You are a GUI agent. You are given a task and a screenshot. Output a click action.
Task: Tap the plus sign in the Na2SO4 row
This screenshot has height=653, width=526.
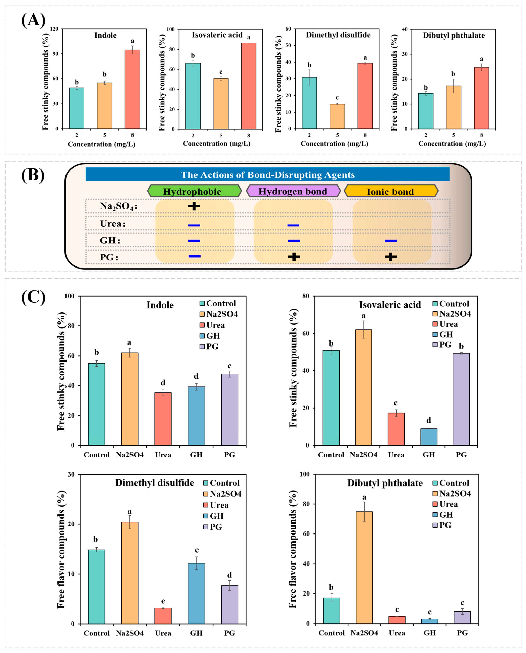point(194,206)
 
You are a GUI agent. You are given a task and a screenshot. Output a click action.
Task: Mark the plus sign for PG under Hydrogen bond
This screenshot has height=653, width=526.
point(294,257)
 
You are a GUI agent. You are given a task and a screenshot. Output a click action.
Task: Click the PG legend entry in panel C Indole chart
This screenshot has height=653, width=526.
point(209,346)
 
